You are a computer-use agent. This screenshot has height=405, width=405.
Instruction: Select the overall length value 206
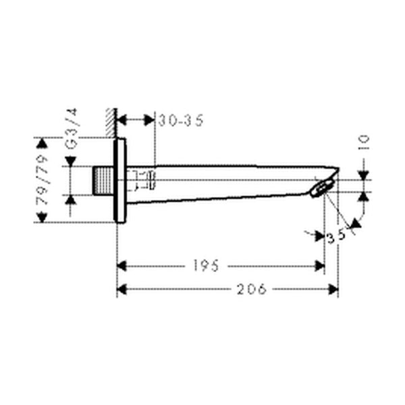point(251,289)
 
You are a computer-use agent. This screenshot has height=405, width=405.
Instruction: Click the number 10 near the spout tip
point(364,142)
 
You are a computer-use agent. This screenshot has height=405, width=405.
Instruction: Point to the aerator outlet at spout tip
point(322,190)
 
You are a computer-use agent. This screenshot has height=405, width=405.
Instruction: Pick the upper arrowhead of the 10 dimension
point(364,174)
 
